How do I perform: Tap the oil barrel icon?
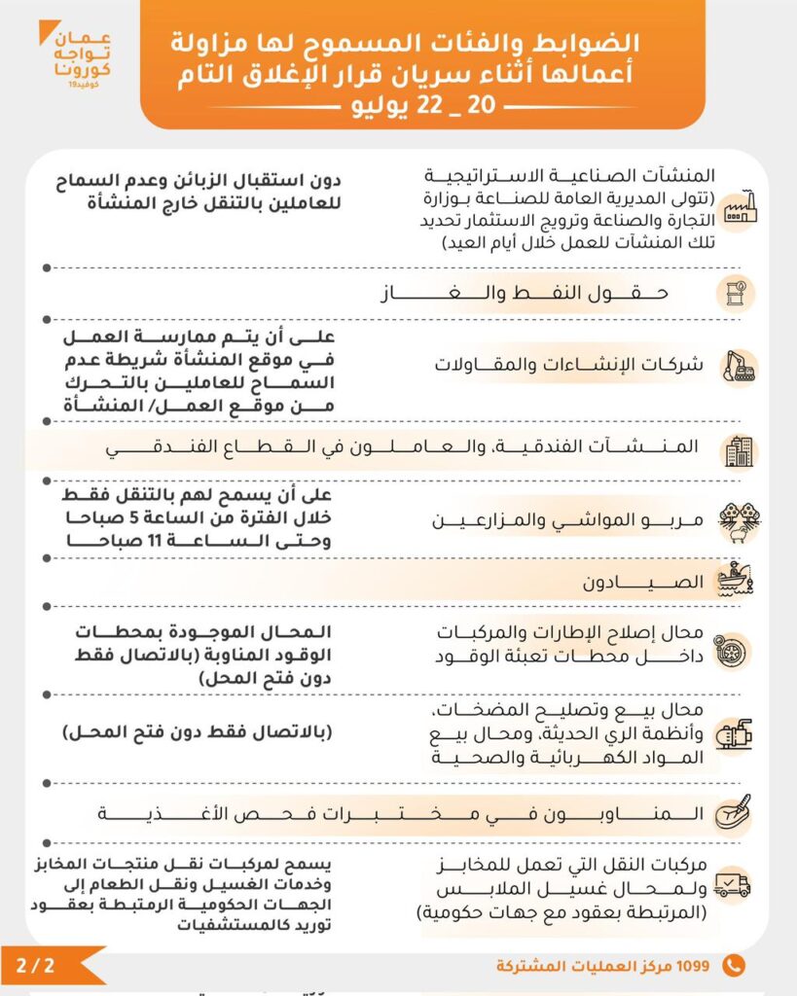pyautogui.click(x=737, y=292)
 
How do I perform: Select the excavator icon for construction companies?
pyautogui.click(x=740, y=366)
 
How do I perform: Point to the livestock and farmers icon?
pyautogui.click(x=739, y=520)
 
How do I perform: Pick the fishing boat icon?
pyautogui.click(x=738, y=581)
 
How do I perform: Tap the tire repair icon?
pyautogui.click(x=737, y=646)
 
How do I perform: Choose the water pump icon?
pyautogui.click(x=738, y=735)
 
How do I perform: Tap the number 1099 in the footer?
pyautogui.click(x=695, y=966)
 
